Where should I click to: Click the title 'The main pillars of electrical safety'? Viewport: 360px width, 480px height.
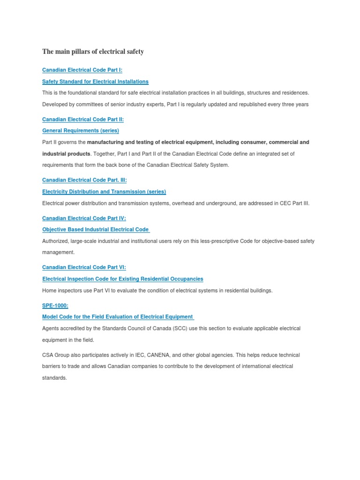pos(93,52)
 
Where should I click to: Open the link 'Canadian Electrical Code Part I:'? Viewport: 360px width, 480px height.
pos(82,70)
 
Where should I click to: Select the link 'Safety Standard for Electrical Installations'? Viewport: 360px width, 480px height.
pos(95,82)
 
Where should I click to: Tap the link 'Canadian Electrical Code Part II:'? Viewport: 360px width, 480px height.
pos(83,120)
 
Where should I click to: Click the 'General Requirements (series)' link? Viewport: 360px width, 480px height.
pos(81,131)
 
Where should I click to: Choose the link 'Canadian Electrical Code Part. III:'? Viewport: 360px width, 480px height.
pos(84,180)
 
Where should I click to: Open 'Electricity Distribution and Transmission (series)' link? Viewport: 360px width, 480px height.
pos(104,192)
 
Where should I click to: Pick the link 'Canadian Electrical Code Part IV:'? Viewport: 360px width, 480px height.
pos(84,218)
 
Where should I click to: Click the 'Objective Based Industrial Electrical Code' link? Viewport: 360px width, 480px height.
pos(96,230)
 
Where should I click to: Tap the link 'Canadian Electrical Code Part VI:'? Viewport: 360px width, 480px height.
pos(84,267)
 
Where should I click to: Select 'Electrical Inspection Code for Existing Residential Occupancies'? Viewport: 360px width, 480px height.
pos(123,279)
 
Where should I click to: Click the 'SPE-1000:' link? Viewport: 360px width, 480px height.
pos(55,305)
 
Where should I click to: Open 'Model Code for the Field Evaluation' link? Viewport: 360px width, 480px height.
pos(118,317)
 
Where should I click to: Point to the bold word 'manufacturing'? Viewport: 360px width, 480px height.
pos(105,142)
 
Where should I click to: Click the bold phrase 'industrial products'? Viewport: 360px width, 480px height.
pos(66,154)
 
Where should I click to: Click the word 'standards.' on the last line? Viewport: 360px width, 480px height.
pos(55,377)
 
